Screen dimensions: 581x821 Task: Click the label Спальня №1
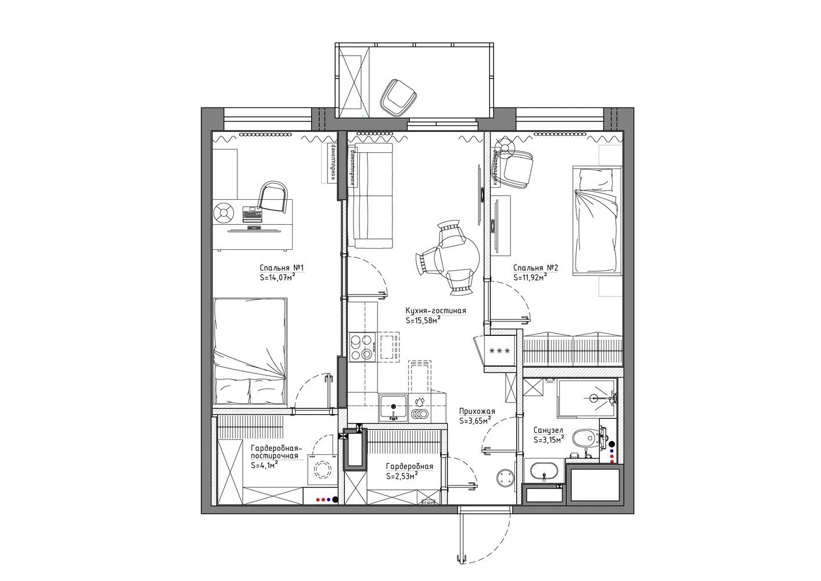click(x=282, y=268)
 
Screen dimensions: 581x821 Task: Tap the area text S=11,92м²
click(x=531, y=278)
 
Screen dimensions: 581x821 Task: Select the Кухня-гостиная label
click(x=435, y=311)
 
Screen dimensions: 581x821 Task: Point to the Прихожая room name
click(x=477, y=411)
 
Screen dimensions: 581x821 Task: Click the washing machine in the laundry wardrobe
click(x=321, y=469)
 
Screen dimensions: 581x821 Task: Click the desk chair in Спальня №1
click(x=273, y=197)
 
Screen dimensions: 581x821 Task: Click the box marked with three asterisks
click(x=499, y=351)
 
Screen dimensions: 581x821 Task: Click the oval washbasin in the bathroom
click(x=544, y=471)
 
